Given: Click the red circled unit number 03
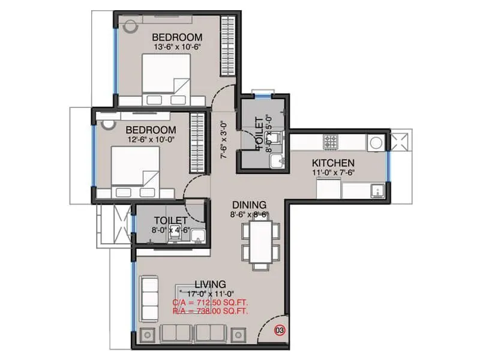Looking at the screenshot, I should (x=280, y=329).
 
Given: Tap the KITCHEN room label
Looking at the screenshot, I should (x=332, y=163).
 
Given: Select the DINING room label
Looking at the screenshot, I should (x=250, y=205).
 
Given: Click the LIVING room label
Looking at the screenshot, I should (x=210, y=284).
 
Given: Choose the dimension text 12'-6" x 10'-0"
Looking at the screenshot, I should (x=151, y=140).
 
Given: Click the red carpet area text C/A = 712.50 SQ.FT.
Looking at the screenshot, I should (x=210, y=302).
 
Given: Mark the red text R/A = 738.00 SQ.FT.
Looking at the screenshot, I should (x=210, y=311).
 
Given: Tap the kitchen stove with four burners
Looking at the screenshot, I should (x=332, y=142).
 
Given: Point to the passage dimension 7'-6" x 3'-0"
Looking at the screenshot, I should (x=223, y=140).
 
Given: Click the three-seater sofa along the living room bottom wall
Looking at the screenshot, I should (x=194, y=334).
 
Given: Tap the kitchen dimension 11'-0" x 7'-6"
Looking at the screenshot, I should (x=332, y=173).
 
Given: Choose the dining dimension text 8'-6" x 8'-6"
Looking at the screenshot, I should (x=250, y=214).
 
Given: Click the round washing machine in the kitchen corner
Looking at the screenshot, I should (x=376, y=143).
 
